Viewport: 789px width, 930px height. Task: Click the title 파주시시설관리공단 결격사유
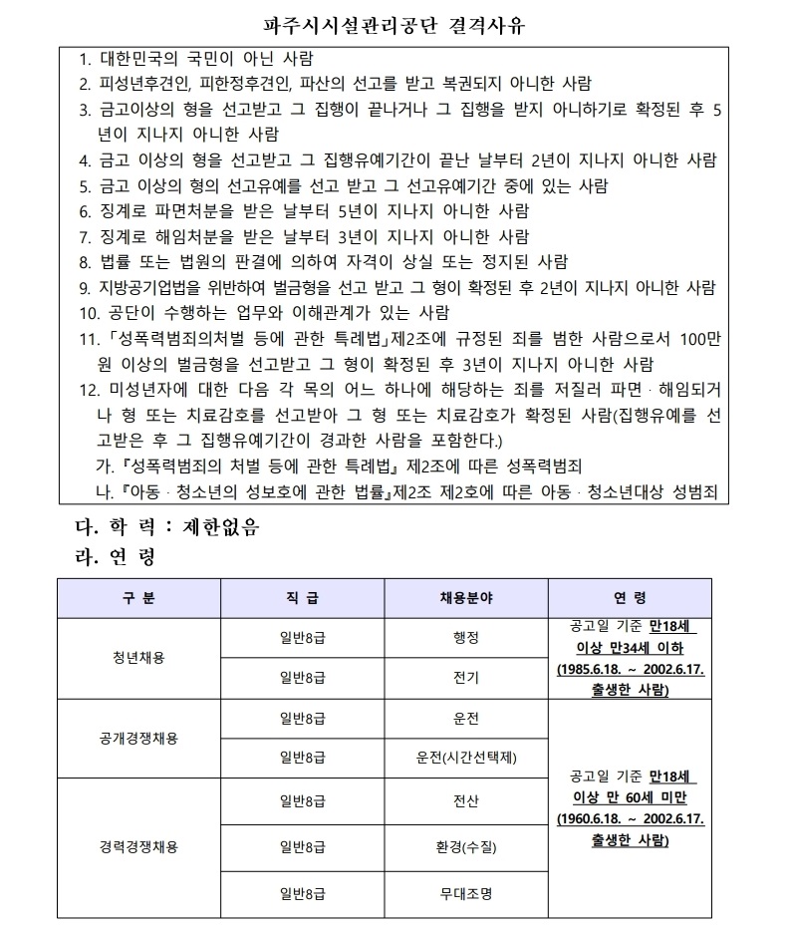tap(394, 24)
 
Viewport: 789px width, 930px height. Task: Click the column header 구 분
tap(140, 598)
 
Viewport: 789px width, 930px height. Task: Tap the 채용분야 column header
tap(466, 598)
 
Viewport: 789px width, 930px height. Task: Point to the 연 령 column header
tap(630, 598)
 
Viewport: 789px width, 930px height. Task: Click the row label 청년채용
tap(140, 658)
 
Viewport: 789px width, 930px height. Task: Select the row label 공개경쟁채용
tap(140, 739)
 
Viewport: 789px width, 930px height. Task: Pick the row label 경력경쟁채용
tap(140, 847)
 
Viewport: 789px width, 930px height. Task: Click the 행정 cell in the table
tap(466, 635)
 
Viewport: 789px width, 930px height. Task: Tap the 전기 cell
tap(466, 678)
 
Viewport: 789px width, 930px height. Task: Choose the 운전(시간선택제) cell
tap(466, 758)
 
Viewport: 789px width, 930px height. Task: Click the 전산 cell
tap(466, 800)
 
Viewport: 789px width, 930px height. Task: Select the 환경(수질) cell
tap(466, 847)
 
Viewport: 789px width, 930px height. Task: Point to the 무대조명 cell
tap(466, 894)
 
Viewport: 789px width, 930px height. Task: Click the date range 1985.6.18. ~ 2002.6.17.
tap(630, 669)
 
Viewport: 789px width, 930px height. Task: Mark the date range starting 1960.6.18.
tap(630, 819)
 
